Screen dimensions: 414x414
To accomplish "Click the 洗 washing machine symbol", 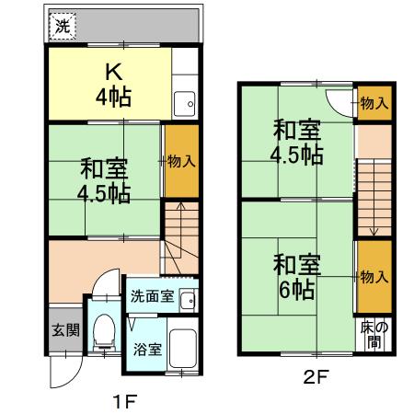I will (62, 26).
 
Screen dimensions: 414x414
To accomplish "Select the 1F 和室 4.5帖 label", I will (104, 180).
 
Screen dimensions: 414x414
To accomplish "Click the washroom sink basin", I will (187, 299).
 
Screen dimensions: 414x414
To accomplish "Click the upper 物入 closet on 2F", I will (373, 104).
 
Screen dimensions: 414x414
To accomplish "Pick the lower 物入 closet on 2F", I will (373, 276).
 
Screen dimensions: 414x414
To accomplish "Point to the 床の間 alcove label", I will (372, 334).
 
